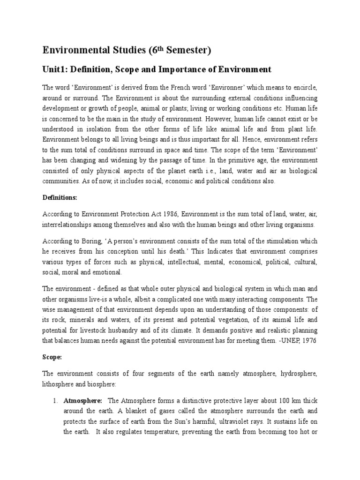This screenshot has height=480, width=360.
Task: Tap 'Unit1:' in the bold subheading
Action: pyautogui.click(x=55, y=69)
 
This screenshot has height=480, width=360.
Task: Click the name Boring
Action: pyautogui.click(x=85, y=241)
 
